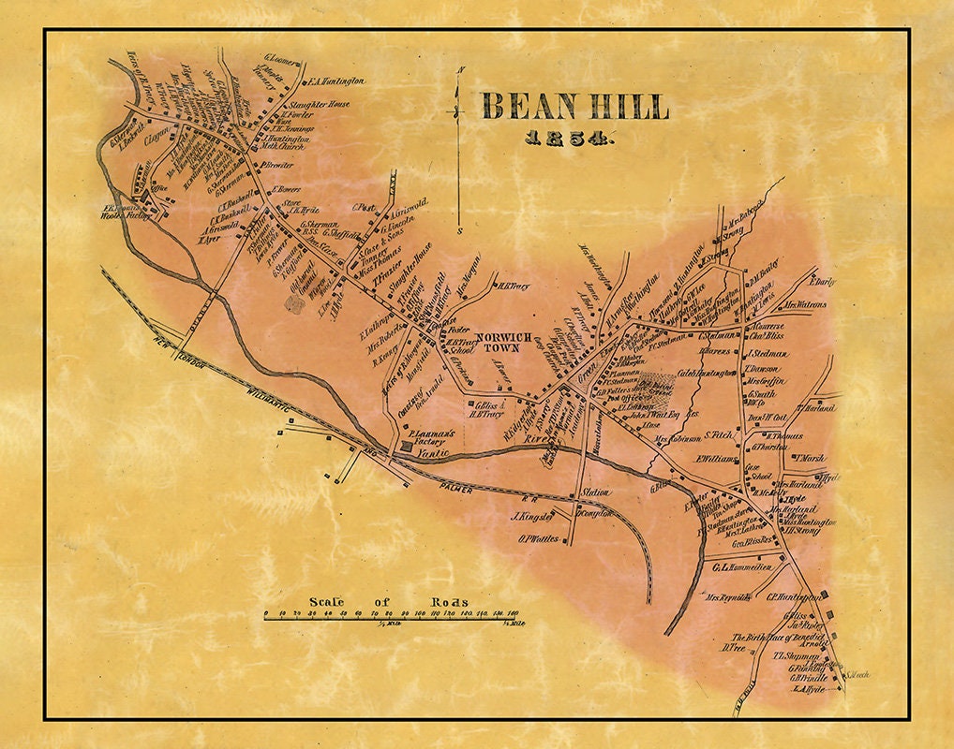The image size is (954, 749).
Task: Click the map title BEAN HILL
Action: (x=574, y=107)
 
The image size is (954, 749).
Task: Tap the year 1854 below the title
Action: (x=569, y=140)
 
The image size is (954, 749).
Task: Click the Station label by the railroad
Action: (x=596, y=492)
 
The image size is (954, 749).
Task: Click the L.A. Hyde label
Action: (x=808, y=689)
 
